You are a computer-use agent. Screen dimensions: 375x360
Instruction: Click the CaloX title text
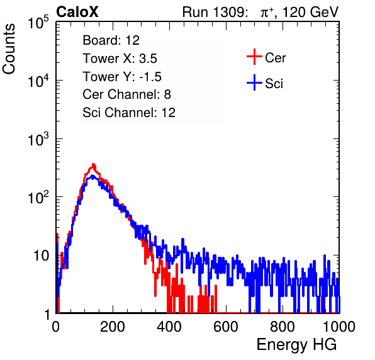77,12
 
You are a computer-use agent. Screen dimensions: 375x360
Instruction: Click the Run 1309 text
215,12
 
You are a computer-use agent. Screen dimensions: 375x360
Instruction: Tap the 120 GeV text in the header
310,12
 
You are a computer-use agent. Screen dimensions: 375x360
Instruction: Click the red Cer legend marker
254,57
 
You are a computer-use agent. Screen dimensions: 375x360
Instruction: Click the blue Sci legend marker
254,82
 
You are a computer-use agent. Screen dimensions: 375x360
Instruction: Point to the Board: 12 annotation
111,40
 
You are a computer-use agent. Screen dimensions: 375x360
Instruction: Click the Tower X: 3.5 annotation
120,59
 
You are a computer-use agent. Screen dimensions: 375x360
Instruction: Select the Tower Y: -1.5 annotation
122,77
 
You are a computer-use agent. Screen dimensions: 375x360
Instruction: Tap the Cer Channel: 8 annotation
126,94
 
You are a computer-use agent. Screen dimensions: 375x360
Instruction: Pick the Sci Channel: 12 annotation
129,113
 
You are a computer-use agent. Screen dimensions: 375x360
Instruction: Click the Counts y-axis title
9,49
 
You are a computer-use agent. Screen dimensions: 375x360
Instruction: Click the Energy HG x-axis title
296,345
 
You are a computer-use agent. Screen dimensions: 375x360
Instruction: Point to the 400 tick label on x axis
169,327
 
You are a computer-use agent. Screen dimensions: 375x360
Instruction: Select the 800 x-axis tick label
283,327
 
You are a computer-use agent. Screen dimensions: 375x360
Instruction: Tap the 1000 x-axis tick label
339,327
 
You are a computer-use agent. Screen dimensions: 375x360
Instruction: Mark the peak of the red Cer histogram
93,164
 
